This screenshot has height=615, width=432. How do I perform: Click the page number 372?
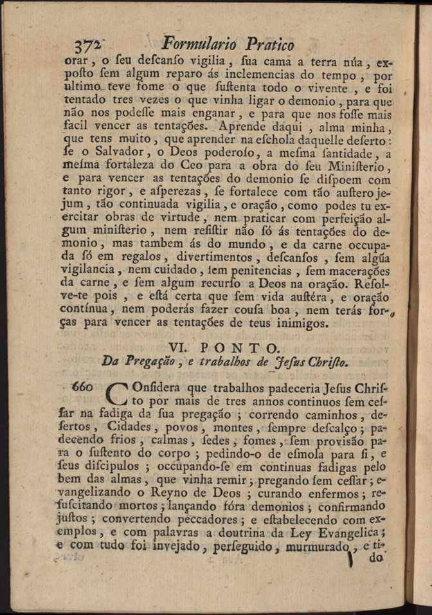coord(87,46)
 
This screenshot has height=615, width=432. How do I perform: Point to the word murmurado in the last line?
coord(316,547)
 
